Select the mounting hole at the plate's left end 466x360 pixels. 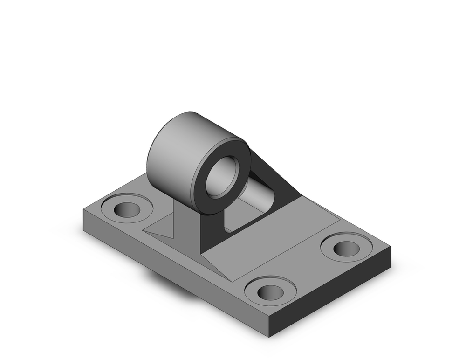click(127, 211)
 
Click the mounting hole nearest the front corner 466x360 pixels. click(270, 292)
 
